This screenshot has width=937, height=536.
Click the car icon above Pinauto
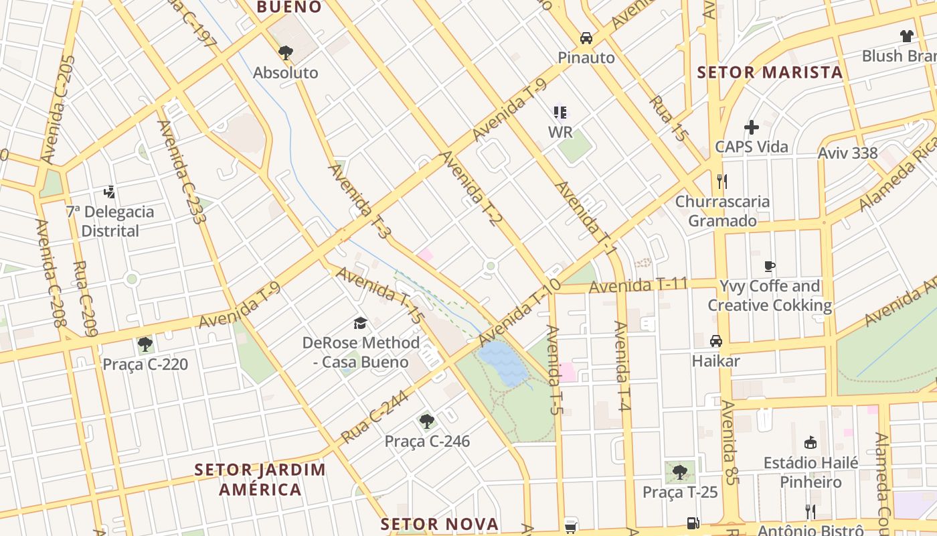586,38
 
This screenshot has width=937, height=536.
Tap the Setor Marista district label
770,72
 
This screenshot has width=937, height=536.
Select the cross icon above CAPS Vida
752,127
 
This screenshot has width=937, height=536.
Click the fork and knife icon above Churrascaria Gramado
721,181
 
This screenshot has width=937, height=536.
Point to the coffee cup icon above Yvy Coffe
770,266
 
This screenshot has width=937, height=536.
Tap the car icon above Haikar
716,341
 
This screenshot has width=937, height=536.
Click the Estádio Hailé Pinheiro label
811,472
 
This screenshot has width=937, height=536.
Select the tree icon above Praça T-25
680,472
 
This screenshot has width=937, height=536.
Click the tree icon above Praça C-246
427,421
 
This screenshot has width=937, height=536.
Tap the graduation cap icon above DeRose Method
361,324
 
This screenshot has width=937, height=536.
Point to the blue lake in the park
503,362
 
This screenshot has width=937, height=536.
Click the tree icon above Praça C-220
145,344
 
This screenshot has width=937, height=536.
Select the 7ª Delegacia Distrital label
110,221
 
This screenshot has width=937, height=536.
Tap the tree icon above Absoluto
286,52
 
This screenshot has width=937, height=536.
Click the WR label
560,132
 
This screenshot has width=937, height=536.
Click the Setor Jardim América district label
260,479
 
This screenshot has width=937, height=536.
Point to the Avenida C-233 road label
181,171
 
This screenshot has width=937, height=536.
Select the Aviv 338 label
847,153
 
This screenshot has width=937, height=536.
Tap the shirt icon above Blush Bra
906,36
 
